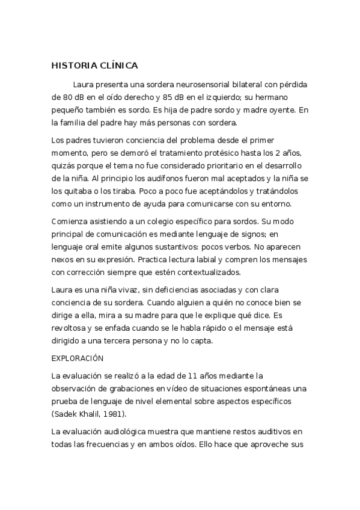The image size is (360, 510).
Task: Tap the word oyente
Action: click(279, 111)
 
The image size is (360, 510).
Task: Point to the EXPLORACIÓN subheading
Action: click(78, 359)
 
